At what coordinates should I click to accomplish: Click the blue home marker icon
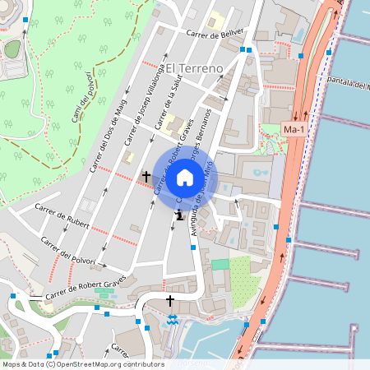tap(185, 178)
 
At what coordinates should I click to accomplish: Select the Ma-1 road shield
tap(294, 130)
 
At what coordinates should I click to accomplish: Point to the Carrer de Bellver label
tap(216, 33)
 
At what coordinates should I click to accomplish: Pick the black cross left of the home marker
tap(147, 176)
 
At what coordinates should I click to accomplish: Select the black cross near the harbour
tap(171, 301)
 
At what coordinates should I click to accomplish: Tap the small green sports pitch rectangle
tap(220, 265)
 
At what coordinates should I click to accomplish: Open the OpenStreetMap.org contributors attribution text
tap(107, 364)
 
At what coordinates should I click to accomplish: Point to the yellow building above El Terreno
tap(216, 20)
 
